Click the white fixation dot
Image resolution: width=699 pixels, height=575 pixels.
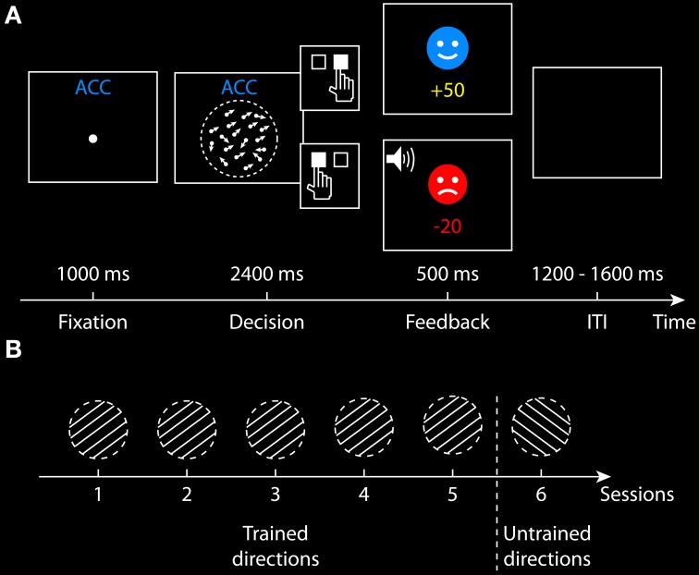pos(92,139)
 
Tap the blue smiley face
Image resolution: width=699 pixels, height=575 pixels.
pos(448,48)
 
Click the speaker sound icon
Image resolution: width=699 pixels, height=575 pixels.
pos(399,161)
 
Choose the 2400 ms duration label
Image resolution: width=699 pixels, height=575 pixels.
pos(266,275)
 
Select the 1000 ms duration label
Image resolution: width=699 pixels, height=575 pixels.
pos(92,275)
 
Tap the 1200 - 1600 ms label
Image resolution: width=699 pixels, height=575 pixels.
pos(598,275)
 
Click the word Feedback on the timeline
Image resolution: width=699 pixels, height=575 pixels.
pos(448,323)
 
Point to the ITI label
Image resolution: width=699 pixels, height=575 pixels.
pos(597,323)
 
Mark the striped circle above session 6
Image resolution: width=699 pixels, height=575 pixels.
pos(541,428)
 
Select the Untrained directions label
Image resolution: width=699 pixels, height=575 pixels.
pos(546,546)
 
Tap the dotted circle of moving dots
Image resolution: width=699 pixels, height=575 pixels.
pos(239,140)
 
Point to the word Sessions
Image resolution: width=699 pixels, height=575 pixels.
pos(637,495)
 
